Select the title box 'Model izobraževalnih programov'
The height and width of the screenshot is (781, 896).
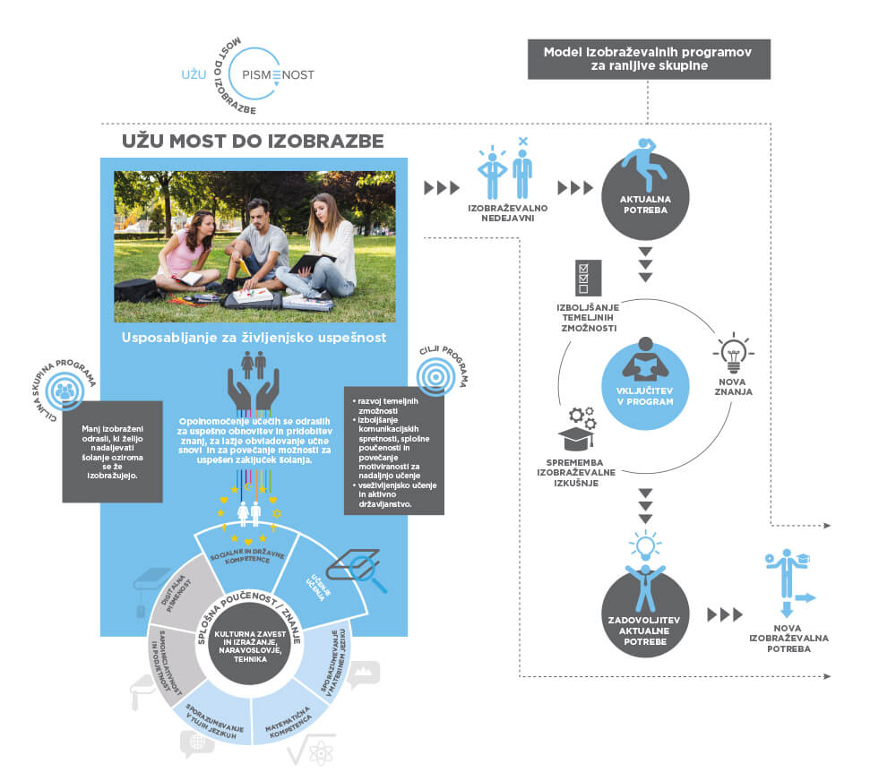click(x=647, y=58)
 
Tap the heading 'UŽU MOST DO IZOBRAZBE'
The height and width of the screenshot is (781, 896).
click(x=254, y=142)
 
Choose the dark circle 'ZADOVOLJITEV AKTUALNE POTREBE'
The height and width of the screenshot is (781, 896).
click(x=645, y=615)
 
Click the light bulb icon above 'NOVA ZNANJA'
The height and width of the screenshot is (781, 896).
click(x=732, y=354)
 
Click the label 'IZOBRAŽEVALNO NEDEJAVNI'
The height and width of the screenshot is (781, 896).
click(x=508, y=213)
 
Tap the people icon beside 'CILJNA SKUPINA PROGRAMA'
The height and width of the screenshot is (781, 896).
click(x=65, y=390)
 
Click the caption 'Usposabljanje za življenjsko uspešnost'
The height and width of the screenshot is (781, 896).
click(x=254, y=338)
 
